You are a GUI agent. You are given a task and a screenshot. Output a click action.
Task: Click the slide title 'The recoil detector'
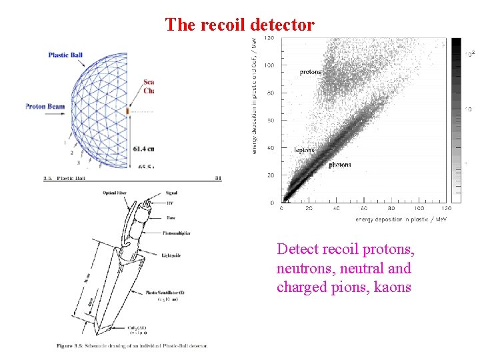[239, 25]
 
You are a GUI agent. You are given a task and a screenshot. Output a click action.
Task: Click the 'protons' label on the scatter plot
[310, 72]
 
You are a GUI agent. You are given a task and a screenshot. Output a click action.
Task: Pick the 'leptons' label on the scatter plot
[304, 150]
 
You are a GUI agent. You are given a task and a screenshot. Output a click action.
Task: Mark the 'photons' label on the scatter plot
[339, 165]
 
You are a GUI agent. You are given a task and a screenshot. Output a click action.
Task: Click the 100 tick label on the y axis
[269, 66]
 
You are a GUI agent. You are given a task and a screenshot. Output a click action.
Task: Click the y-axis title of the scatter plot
[253, 97]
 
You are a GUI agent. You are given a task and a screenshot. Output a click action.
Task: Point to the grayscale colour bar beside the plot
[456, 120]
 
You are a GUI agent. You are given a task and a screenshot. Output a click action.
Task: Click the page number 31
[219, 178]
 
